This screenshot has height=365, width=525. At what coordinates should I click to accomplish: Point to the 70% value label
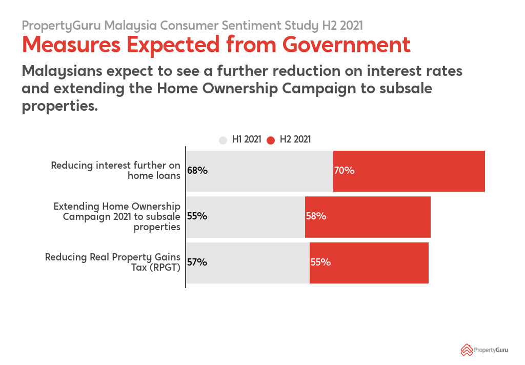tap(344, 171)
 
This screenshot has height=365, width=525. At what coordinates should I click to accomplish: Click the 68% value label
tap(197, 171)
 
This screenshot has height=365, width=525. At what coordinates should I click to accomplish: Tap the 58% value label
tap(316, 216)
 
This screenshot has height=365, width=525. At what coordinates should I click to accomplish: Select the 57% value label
tap(197, 262)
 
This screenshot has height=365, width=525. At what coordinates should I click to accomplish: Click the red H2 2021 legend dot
tap(271, 140)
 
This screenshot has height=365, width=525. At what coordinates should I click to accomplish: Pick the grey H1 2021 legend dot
tap(223, 140)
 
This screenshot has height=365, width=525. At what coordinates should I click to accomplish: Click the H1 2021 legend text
tap(247, 139)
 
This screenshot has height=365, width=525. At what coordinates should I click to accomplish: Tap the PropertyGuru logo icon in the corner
tap(466, 350)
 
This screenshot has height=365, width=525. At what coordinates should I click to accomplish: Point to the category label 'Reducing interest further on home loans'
tap(115, 170)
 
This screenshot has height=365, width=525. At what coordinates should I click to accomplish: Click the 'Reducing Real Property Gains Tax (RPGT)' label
tap(113, 262)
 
